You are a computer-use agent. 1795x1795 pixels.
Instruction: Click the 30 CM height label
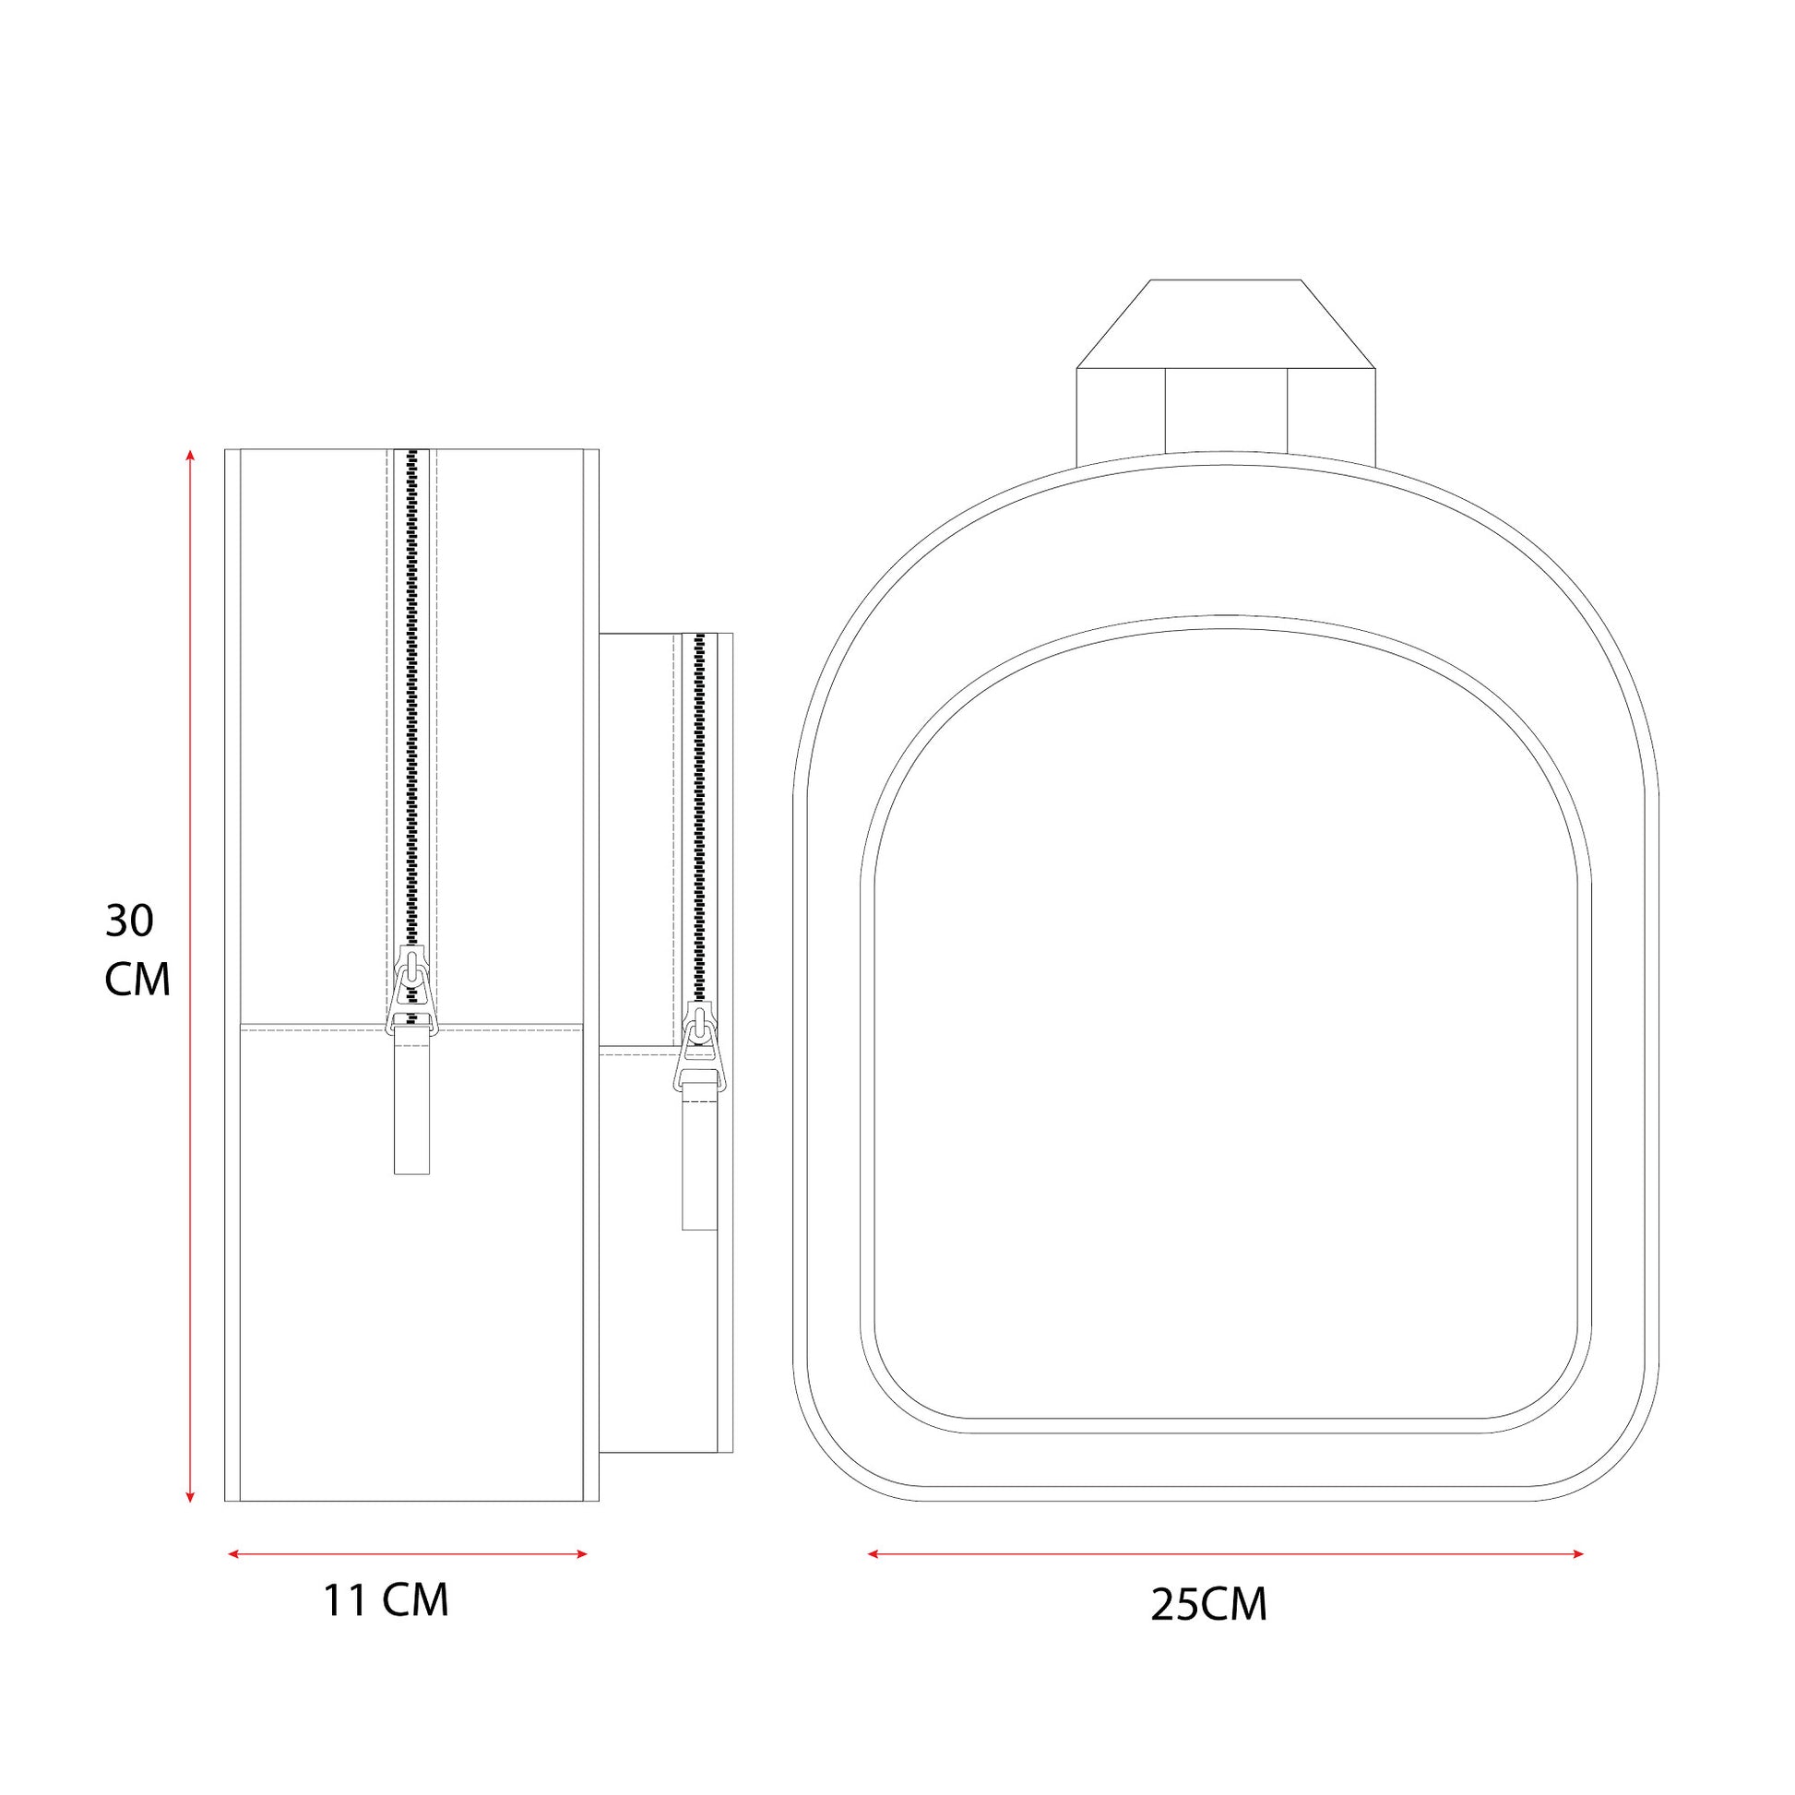(137, 949)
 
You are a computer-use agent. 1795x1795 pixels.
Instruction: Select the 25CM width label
(1208, 1605)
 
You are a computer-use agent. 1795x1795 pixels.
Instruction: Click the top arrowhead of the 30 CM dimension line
(190, 456)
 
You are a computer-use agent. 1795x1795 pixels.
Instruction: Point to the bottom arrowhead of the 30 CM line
(190, 1497)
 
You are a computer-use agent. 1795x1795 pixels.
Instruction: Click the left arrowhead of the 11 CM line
(233, 1553)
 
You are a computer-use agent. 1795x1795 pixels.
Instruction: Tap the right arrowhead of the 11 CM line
(583, 1553)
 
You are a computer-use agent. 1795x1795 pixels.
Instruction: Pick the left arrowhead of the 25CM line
(874, 1553)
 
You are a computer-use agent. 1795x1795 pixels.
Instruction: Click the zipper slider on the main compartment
(411, 987)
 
